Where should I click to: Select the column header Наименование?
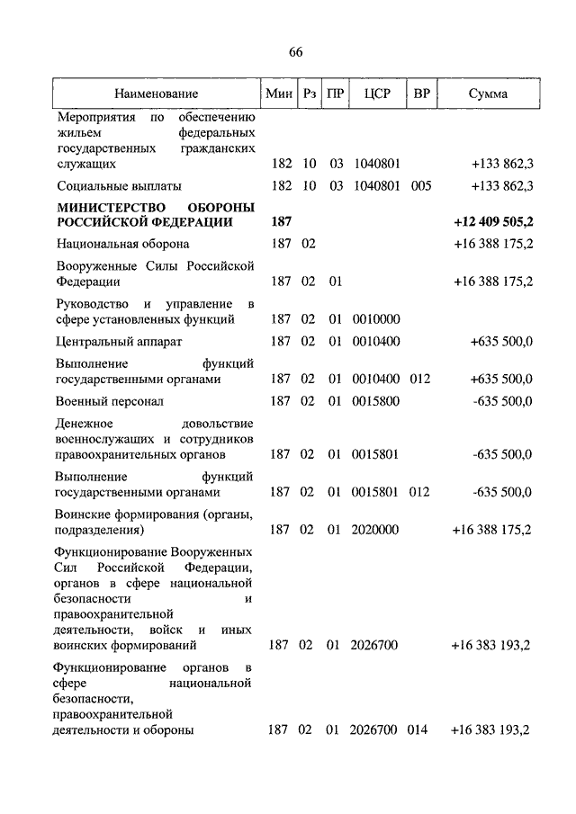coord(156,94)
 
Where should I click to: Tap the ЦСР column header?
coord(376,94)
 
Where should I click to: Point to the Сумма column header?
coord(488,94)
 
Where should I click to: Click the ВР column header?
coord(420,94)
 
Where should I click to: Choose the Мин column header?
coord(278,94)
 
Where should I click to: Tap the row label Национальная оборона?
coord(123,244)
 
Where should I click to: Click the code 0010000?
coord(376,318)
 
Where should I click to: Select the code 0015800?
coord(376,401)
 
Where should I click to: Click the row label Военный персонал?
coord(110,401)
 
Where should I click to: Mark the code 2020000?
coord(376,530)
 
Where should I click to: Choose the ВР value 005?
coord(420,186)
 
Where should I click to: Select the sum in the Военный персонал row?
coord(502,401)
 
